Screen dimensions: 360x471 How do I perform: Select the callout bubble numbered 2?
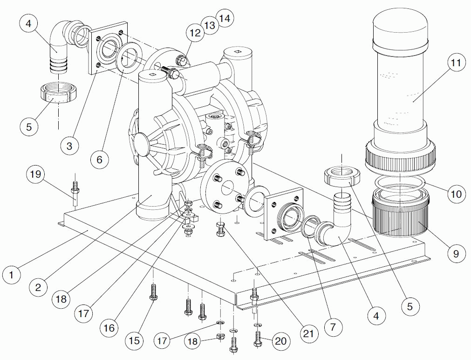click(x=38, y=287)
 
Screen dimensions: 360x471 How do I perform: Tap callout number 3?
click(x=69, y=146)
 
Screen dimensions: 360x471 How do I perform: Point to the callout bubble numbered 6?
click(x=99, y=159)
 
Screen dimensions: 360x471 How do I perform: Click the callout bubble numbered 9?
click(x=456, y=253)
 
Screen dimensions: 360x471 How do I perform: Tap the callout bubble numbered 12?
click(x=195, y=32)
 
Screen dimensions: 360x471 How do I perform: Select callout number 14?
click(x=225, y=19)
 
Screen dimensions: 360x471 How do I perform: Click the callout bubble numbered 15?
click(x=134, y=341)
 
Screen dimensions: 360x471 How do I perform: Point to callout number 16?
click(x=109, y=328)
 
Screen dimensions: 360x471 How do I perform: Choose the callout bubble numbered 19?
click(x=36, y=174)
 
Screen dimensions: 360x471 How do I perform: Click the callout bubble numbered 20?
click(x=280, y=341)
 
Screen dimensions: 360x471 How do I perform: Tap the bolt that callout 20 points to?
click(x=258, y=338)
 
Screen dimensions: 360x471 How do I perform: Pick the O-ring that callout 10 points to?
click(x=401, y=183)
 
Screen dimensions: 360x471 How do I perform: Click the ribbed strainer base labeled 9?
click(x=400, y=215)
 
